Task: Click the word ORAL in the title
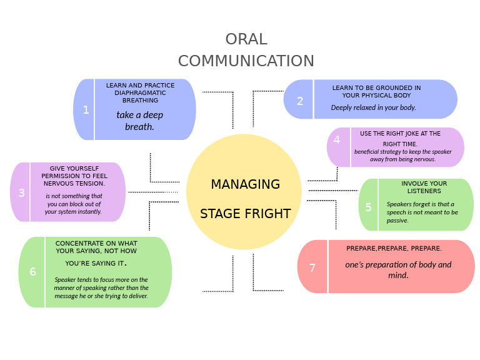pyautogui.click(x=246, y=39)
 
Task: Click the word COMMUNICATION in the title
pyautogui.click(x=246, y=61)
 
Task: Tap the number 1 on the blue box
pyautogui.click(x=86, y=110)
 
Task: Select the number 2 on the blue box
pyautogui.click(x=300, y=101)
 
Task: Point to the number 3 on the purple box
pyautogui.click(x=21, y=193)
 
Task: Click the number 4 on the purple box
pyautogui.click(x=337, y=140)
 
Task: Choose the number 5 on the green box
pyautogui.click(x=368, y=207)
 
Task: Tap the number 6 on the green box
pyautogui.click(x=32, y=272)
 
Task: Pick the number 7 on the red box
pyautogui.click(x=312, y=267)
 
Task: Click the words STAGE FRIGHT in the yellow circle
pyautogui.click(x=245, y=214)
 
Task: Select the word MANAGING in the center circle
pyautogui.click(x=245, y=184)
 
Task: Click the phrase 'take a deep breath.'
pyautogui.click(x=139, y=121)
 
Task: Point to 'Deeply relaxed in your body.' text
pyautogui.click(x=373, y=107)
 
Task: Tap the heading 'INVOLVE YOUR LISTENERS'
pyautogui.click(x=424, y=187)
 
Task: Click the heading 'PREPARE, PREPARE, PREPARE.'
pyautogui.click(x=394, y=249)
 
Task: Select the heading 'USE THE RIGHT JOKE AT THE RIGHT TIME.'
pyautogui.click(x=400, y=138)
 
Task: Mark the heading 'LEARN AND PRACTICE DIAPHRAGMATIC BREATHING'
pyautogui.click(x=140, y=92)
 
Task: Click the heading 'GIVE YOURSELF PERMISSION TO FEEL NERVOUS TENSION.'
pyautogui.click(x=74, y=176)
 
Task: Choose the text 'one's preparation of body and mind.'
pyautogui.click(x=398, y=269)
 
